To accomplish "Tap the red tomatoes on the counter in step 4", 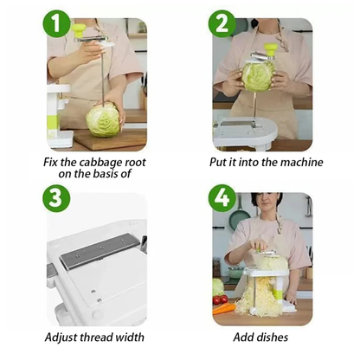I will [x=221, y=300].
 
